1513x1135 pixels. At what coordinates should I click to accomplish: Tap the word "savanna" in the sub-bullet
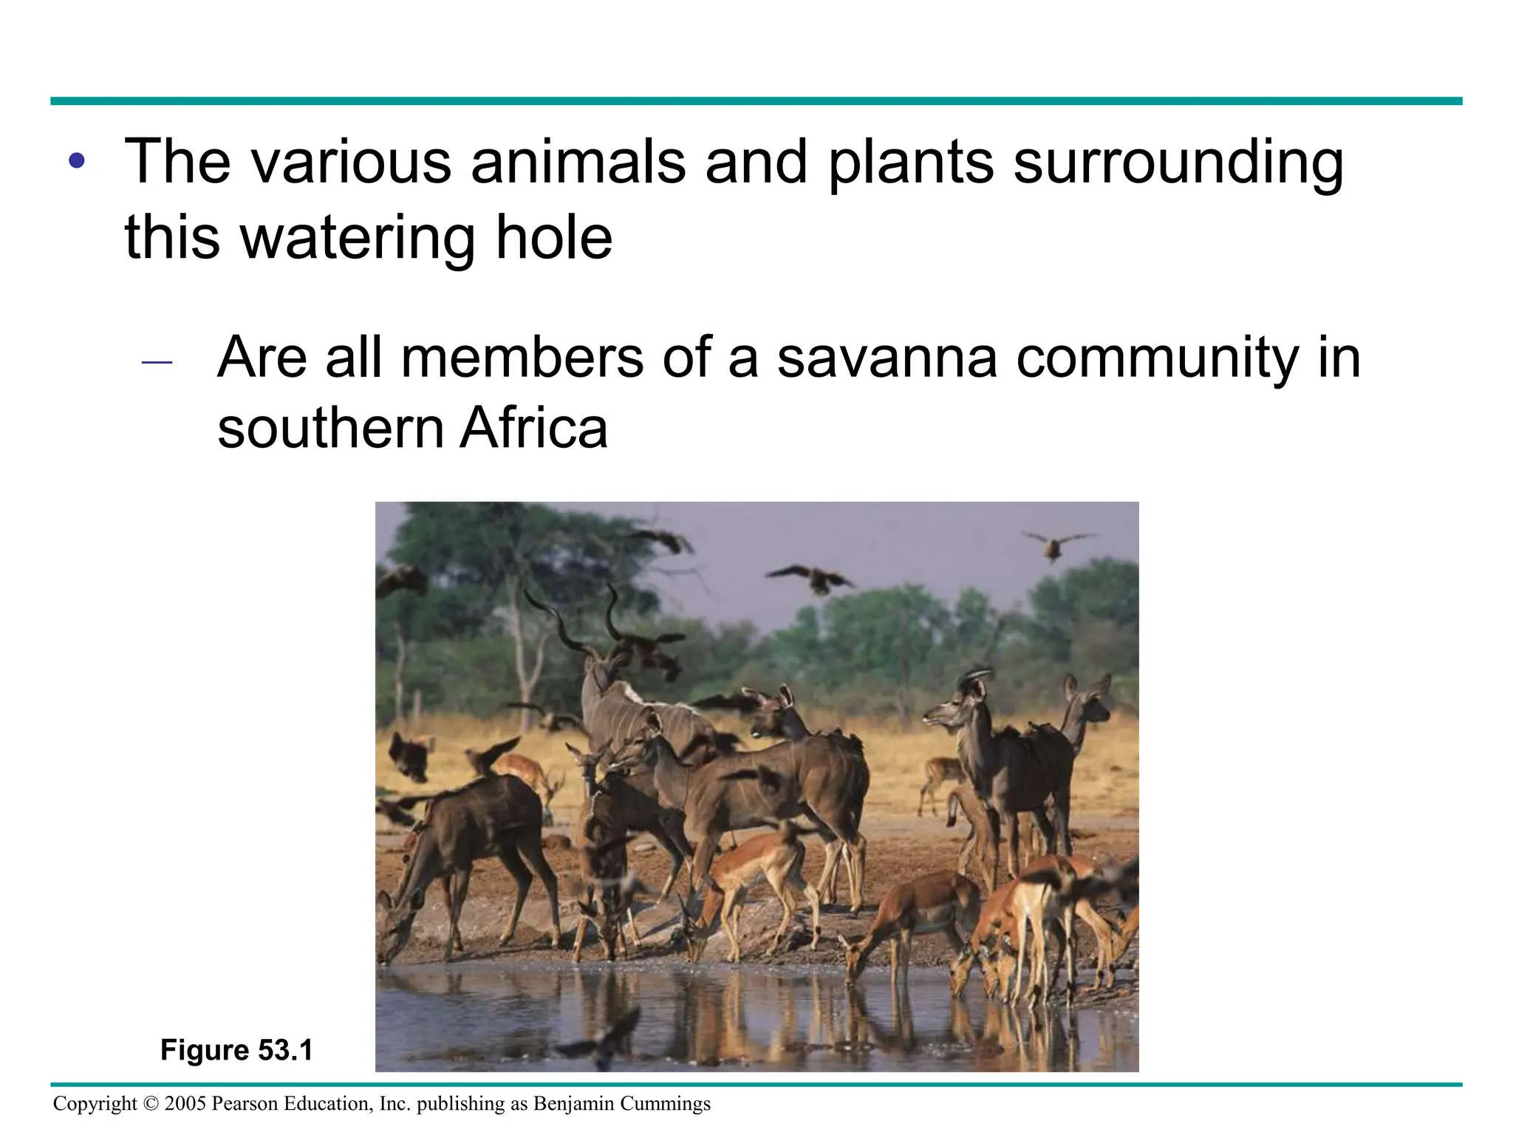[x=887, y=358]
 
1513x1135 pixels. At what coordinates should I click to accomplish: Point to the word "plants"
[x=910, y=163]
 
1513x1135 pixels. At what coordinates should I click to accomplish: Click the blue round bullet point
[x=77, y=161]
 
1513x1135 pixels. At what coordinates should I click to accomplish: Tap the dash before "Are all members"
[x=157, y=362]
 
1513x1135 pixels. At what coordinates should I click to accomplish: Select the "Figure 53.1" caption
[x=236, y=1050]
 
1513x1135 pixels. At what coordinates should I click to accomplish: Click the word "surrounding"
[x=1178, y=163]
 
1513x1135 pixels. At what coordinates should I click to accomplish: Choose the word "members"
[x=523, y=358]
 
